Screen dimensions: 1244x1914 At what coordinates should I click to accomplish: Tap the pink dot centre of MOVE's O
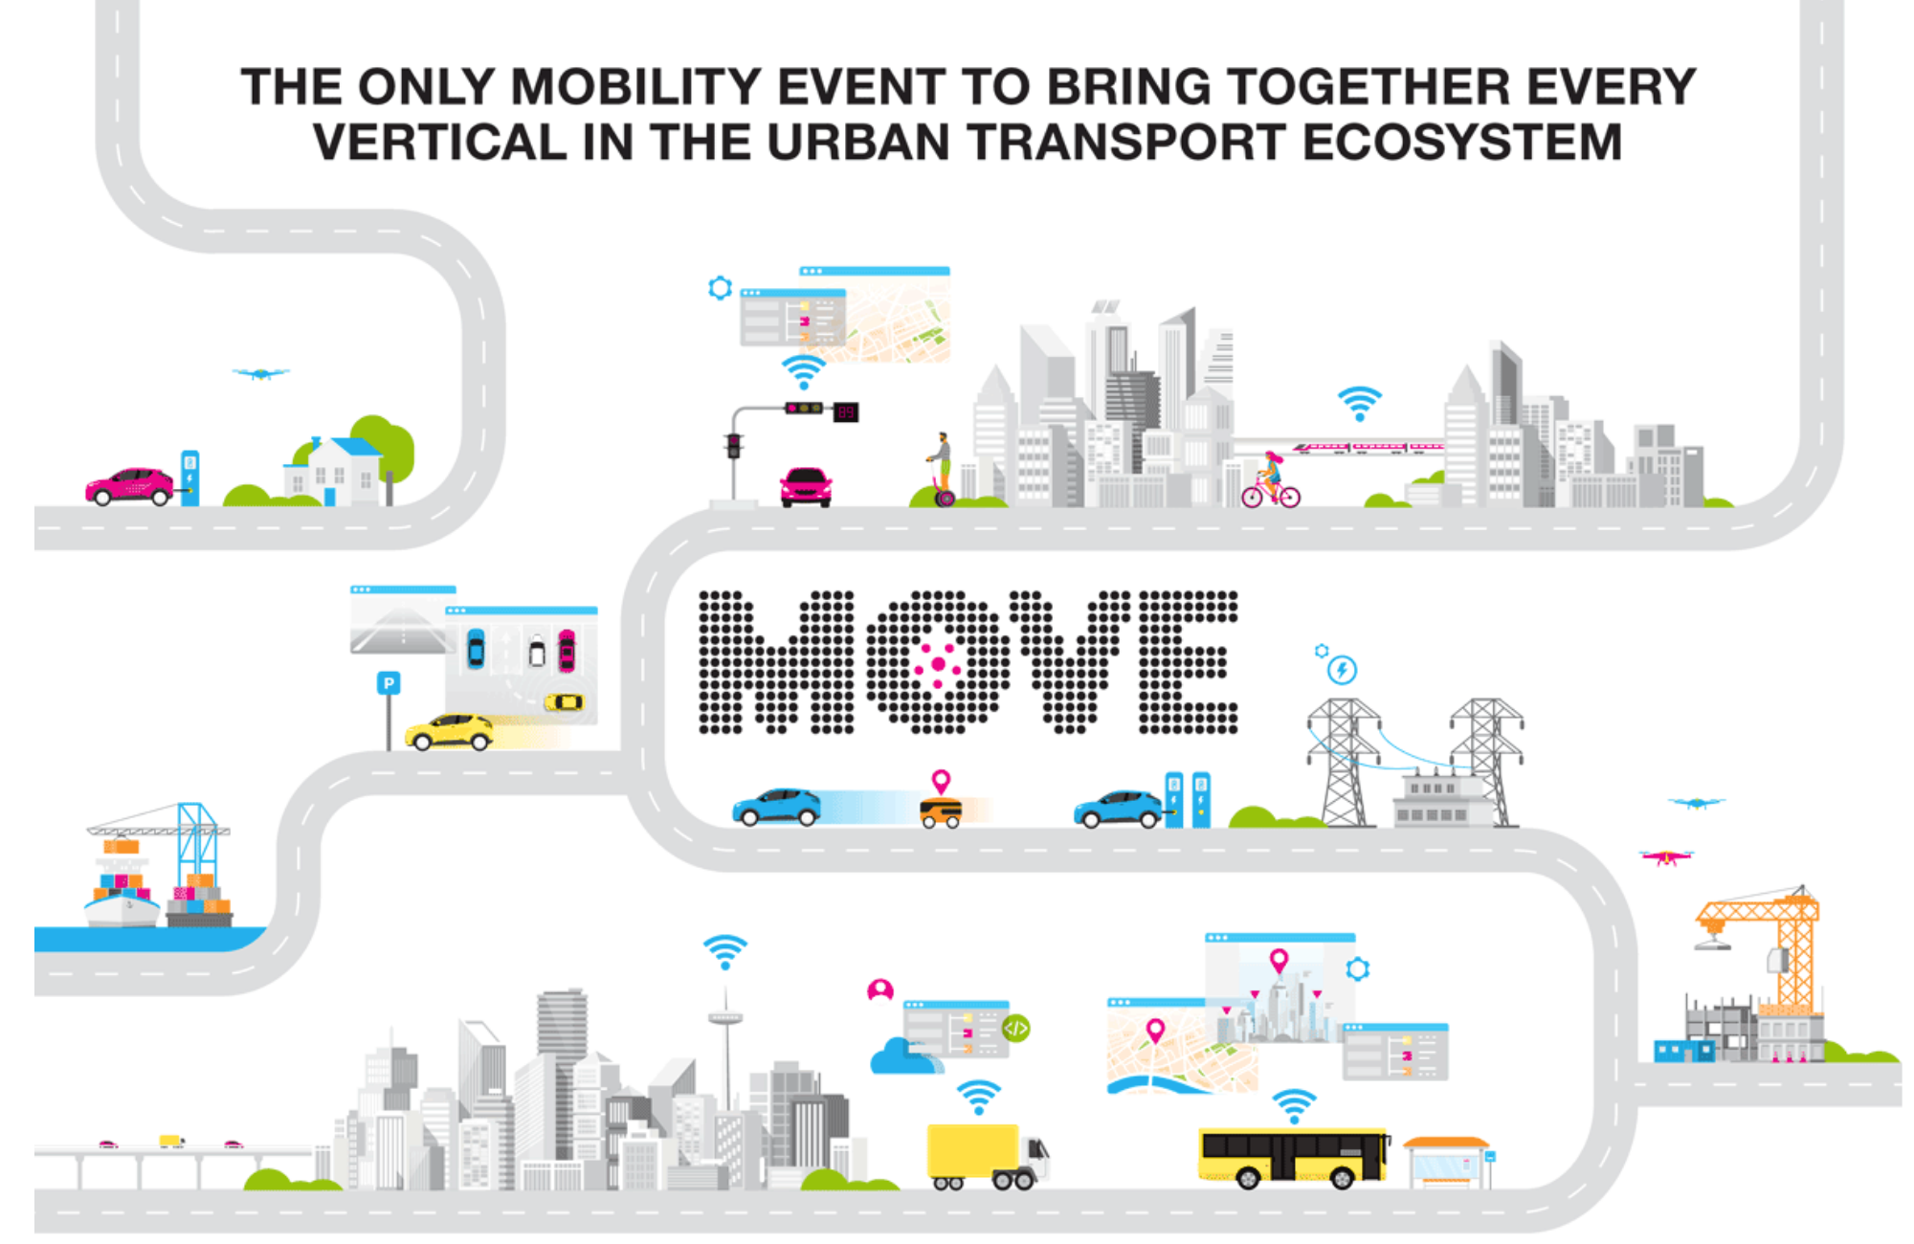[x=938, y=664]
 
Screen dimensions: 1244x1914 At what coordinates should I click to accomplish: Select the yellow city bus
[x=1293, y=1157]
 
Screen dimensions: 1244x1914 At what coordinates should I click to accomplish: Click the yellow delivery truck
[x=986, y=1156]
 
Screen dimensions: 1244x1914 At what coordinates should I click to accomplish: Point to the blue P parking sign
[x=388, y=683]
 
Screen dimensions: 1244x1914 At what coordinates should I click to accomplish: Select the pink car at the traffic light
[x=806, y=487]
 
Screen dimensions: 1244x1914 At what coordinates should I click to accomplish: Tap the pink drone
[x=1666, y=856]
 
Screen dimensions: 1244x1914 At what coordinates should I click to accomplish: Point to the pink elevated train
[x=1369, y=448]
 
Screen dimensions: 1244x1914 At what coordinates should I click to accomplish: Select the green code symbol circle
[x=1015, y=1029]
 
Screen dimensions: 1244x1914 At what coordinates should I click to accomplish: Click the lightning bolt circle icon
[x=1342, y=670]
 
